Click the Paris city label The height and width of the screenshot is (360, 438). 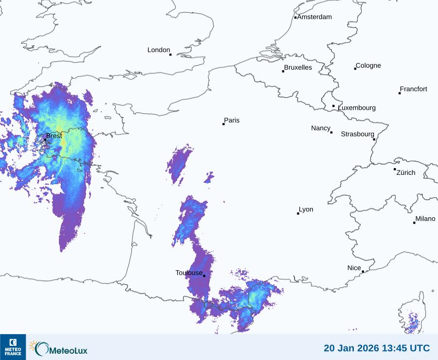(232, 120)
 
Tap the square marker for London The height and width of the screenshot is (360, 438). (170, 55)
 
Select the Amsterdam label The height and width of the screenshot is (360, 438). (314, 17)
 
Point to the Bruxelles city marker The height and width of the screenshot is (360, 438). (283, 71)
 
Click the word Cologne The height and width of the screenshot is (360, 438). (368, 66)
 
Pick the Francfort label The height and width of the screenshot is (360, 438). (413, 89)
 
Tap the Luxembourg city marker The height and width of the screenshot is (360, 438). (333, 106)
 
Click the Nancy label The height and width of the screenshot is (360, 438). (321, 128)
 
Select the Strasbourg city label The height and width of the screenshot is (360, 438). (357, 134)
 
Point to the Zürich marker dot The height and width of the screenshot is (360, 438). (395, 169)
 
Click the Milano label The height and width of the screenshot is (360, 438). (425, 219)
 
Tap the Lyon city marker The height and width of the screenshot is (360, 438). (298, 213)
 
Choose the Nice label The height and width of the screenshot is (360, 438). (354, 268)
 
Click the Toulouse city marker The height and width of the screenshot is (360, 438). (204, 276)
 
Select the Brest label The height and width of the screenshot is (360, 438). (54, 136)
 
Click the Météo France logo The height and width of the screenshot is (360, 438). (13, 347)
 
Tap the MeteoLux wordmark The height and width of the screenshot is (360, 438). (69, 350)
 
